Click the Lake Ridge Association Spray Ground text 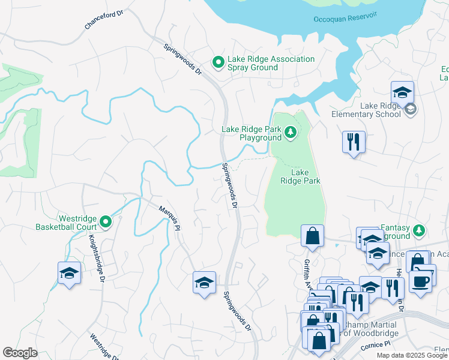click(271, 63)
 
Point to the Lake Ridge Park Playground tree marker click(291, 131)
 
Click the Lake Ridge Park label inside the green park click(301, 176)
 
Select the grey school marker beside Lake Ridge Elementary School click(410, 109)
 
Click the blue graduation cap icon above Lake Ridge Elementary click(402, 92)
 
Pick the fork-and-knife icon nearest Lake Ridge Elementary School click(353, 142)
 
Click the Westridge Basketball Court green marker click(106, 223)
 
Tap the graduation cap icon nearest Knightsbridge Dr click(70, 273)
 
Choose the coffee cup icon click(421, 280)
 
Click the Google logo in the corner click(20, 352)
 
